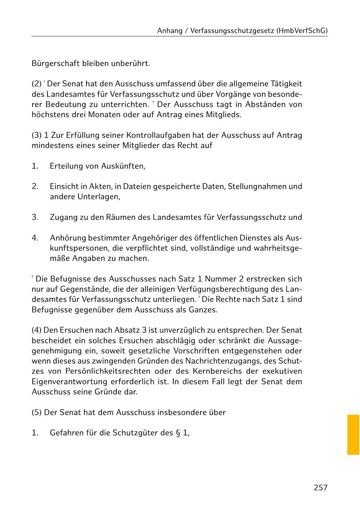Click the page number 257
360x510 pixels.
[x=320, y=487]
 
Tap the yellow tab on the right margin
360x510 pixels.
[x=353, y=434]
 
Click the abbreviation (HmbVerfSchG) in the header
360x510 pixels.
[x=302, y=30]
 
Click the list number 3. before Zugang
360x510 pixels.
[x=35, y=217]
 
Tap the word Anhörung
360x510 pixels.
[x=68, y=238]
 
